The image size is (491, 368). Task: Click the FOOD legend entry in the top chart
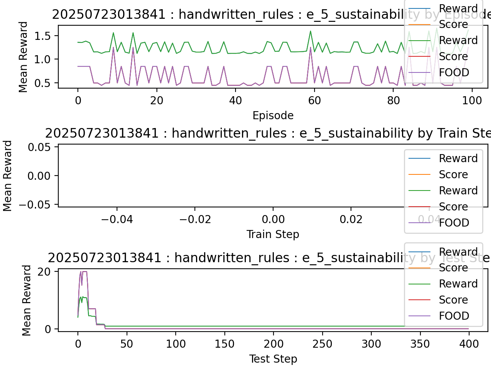(x=454, y=72)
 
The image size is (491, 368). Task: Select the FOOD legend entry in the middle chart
(x=454, y=223)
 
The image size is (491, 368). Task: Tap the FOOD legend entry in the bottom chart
(x=454, y=316)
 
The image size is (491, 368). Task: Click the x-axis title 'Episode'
(x=273, y=115)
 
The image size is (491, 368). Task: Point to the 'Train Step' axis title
(x=273, y=234)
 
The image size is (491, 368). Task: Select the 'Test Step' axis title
(x=273, y=359)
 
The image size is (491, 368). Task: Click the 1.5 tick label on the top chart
(x=43, y=36)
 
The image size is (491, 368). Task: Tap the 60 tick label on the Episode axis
(x=314, y=100)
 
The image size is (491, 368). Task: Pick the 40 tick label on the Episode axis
(x=236, y=100)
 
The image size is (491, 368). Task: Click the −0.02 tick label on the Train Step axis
(x=195, y=219)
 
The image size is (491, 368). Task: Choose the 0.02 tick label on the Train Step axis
(x=351, y=219)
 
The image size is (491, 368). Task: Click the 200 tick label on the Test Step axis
(x=274, y=344)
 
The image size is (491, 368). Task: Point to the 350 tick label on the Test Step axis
(x=420, y=344)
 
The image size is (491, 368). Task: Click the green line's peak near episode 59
(x=310, y=31)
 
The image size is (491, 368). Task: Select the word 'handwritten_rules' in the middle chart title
(x=229, y=133)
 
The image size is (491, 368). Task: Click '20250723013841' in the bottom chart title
(x=104, y=258)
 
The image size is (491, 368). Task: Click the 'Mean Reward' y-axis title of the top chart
(x=23, y=57)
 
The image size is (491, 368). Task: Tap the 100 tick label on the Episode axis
(x=471, y=100)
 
